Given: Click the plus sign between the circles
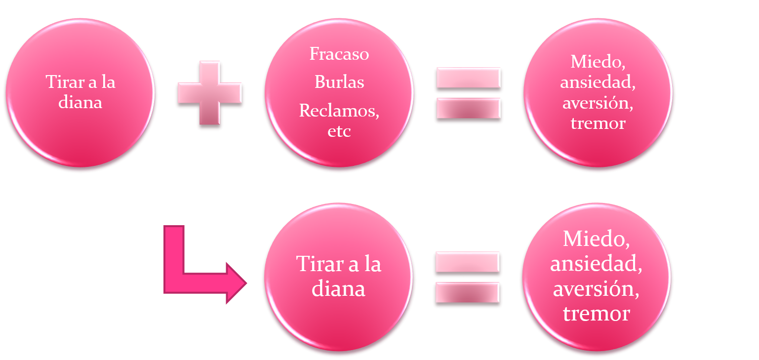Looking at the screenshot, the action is coord(210,93).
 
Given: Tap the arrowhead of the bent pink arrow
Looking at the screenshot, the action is coord(237,283).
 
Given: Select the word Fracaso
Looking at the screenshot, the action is coord(339,54).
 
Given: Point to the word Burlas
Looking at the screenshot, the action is coord(339,81).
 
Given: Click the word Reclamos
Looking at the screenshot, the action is coord(338,111).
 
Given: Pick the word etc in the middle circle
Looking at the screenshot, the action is coord(339,131).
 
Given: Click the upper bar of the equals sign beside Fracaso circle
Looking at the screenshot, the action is coord(469,78).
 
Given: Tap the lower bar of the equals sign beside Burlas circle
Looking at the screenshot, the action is coord(469,109).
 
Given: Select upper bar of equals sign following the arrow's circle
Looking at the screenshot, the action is coord(468,262).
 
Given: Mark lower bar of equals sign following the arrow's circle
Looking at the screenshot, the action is coord(468,292).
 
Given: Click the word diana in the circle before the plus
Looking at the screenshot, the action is coord(80,102).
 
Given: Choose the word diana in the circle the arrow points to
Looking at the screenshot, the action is coord(338,289).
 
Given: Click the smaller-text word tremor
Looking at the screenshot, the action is coord(598,123).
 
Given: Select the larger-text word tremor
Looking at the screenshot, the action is coord(597,314).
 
